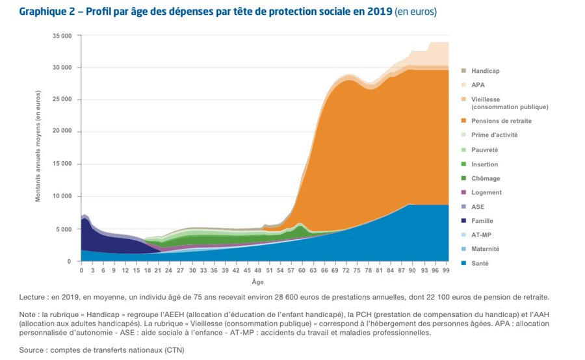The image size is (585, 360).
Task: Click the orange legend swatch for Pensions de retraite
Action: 463,121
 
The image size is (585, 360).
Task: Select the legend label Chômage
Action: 486,178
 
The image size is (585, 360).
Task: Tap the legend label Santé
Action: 480,263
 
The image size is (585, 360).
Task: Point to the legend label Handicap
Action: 486,71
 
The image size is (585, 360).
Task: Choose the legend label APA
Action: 478,85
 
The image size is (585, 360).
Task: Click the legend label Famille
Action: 482,221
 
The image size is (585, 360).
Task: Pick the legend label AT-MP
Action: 481,235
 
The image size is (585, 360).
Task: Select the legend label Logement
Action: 486,192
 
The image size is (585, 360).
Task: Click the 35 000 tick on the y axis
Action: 62,36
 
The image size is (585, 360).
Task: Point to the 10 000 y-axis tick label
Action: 62,196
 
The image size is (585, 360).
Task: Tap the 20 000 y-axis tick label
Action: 62,131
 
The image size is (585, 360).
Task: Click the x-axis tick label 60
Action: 302,270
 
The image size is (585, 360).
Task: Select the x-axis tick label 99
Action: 445,270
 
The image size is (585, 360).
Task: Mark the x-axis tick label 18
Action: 148,270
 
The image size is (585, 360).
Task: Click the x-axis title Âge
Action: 258,281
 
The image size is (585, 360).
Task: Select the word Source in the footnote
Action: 31,350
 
